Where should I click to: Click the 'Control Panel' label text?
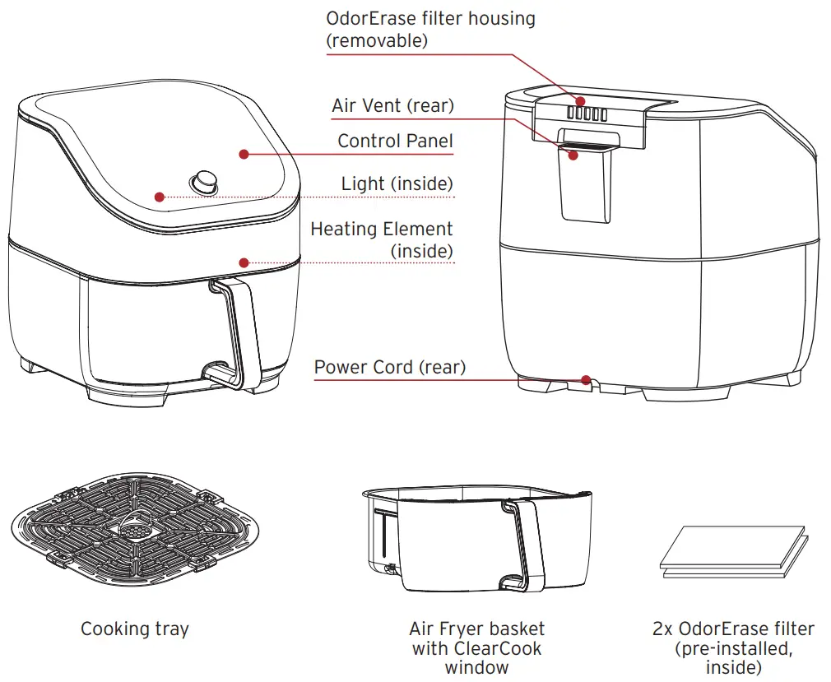[395, 141]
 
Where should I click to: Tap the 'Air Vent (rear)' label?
[392, 105]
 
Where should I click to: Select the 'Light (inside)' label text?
[397, 183]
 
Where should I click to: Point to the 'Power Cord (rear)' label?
[389, 367]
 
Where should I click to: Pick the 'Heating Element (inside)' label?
[381, 239]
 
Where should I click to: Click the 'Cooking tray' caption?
[135, 629]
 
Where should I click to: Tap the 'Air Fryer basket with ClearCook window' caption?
[476, 647]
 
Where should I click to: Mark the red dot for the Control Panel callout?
[244, 153]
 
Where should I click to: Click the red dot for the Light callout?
[160, 197]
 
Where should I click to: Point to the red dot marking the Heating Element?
[244, 262]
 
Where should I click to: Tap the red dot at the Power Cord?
[585, 379]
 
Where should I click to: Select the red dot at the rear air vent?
[573, 154]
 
